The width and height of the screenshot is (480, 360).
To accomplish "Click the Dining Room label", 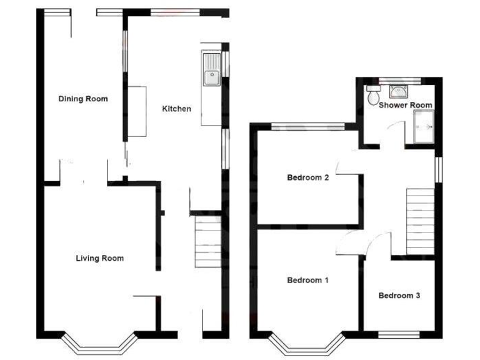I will pos(83,99).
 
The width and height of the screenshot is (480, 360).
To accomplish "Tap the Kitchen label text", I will pos(176,109).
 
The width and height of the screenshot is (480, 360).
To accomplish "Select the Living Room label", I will pos(99,258).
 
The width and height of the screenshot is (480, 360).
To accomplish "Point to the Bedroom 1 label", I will pos(307,281).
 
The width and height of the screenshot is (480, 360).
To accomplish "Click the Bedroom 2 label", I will pos(307,177).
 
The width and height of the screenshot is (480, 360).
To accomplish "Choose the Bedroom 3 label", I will pos(399,296).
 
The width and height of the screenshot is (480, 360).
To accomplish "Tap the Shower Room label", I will pos(405,105).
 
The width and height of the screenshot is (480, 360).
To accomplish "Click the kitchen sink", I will pos(210,69).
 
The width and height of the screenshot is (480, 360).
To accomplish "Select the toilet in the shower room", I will pos(374,96).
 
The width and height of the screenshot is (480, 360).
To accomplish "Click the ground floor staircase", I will pos(207,241).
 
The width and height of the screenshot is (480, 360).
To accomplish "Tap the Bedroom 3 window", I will pos(399,335).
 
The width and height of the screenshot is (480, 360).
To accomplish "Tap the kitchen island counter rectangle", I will pos(137,112).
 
